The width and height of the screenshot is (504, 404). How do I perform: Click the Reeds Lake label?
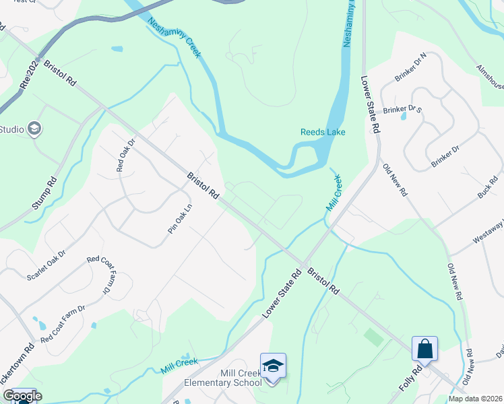click(x=323, y=132)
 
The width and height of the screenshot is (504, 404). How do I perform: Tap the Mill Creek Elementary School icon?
click(x=273, y=366)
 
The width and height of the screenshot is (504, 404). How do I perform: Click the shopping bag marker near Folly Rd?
click(x=424, y=349)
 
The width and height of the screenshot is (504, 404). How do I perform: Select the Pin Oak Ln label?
click(x=175, y=220)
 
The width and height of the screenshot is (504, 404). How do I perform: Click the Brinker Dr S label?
click(x=402, y=109)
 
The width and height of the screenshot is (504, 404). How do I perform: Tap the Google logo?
click(x=22, y=396)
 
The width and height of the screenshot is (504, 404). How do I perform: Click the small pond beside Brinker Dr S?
click(x=404, y=116)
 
